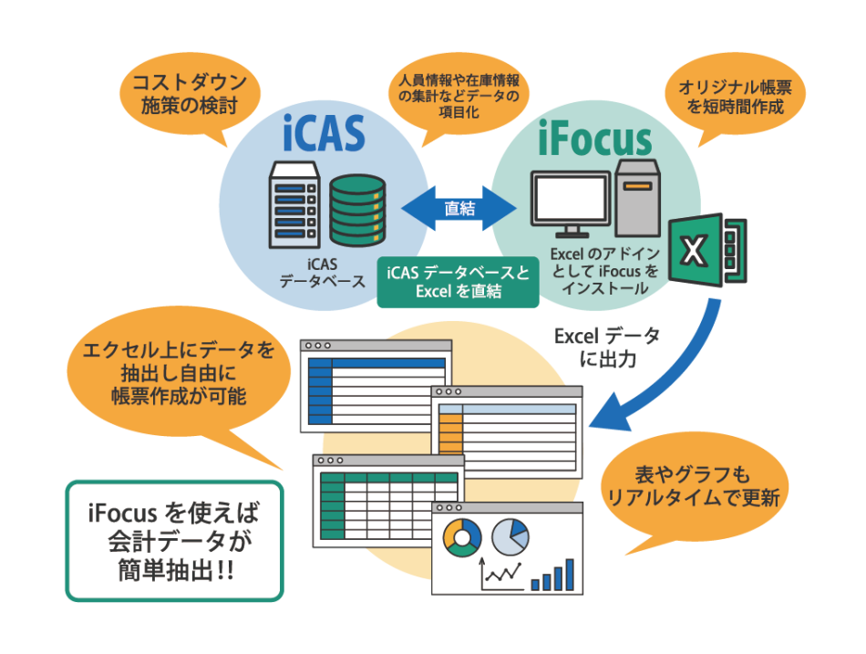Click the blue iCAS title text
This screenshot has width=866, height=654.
tap(324, 134)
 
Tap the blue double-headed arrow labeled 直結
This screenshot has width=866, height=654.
tap(459, 208)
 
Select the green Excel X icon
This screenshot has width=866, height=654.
tap(706, 249)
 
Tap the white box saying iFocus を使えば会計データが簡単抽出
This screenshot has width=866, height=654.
tap(173, 541)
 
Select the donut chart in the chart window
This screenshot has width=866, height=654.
tap(461, 537)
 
